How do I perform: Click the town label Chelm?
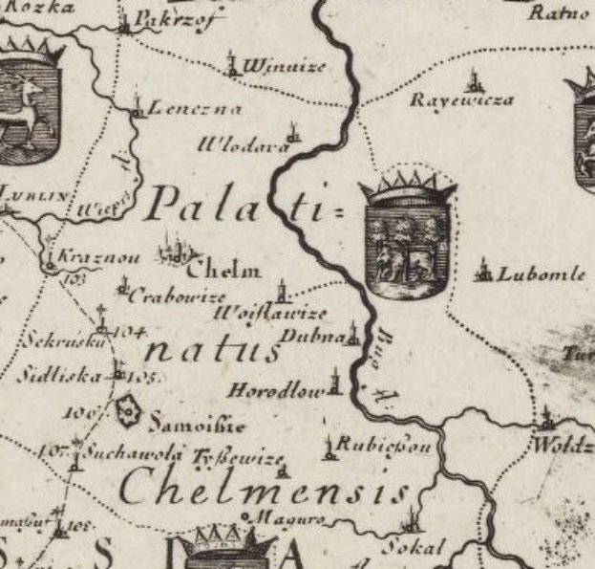tap(228, 270)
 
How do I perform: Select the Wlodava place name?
tap(242, 146)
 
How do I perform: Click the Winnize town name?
tap(284, 67)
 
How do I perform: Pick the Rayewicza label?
tap(461, 100)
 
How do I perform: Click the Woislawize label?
tap(271, 314)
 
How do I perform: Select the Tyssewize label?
tap(239, 459)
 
